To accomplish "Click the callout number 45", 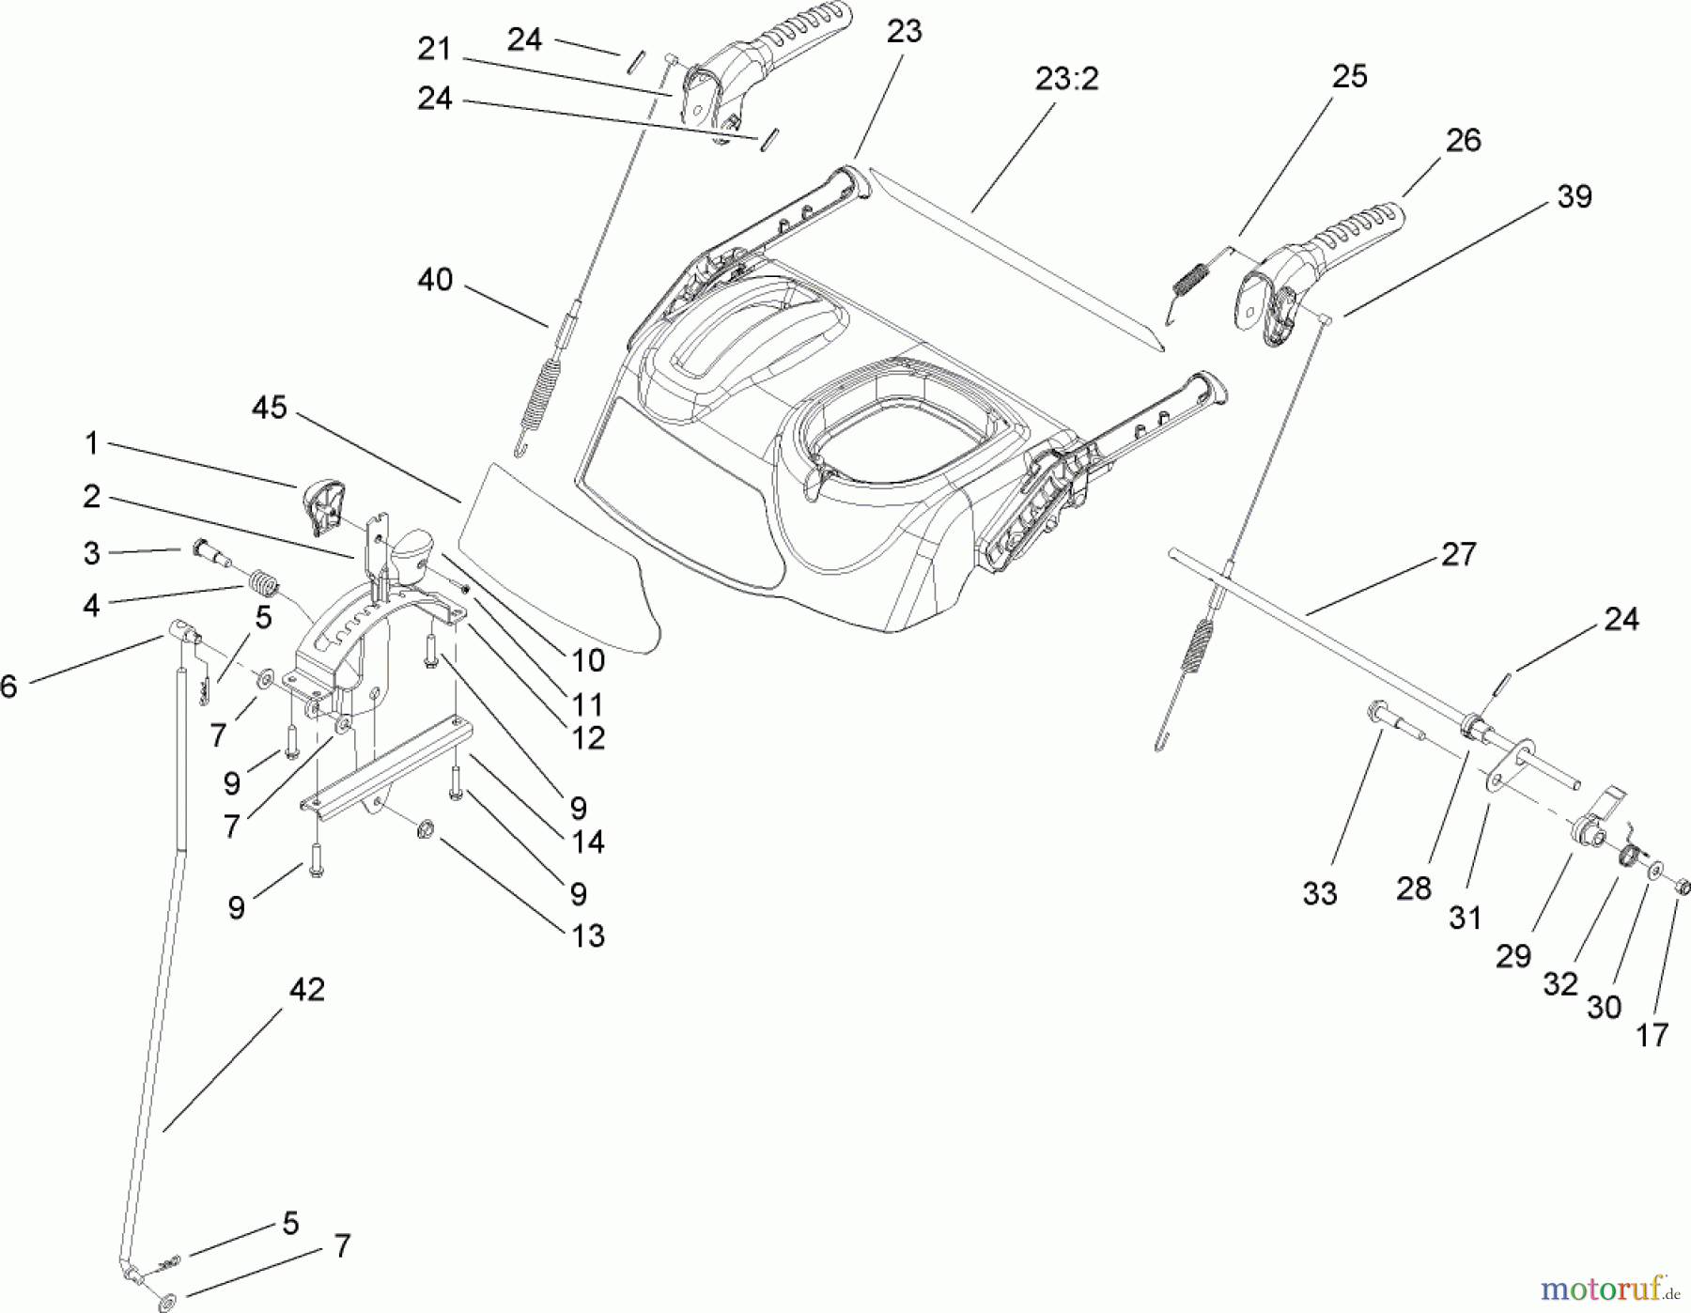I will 269,408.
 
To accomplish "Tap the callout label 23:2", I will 1066,79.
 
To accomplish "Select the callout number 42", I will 306,989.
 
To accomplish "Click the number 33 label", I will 1319,893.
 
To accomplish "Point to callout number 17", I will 1652,1035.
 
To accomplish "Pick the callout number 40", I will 435,279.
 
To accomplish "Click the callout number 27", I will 1458,554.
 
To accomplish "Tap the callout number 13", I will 588,935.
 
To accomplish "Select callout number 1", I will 91,442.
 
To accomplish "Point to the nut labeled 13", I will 424,828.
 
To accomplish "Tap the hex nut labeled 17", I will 1683,886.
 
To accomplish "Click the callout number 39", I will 1575,196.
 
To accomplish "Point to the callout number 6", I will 8,687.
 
